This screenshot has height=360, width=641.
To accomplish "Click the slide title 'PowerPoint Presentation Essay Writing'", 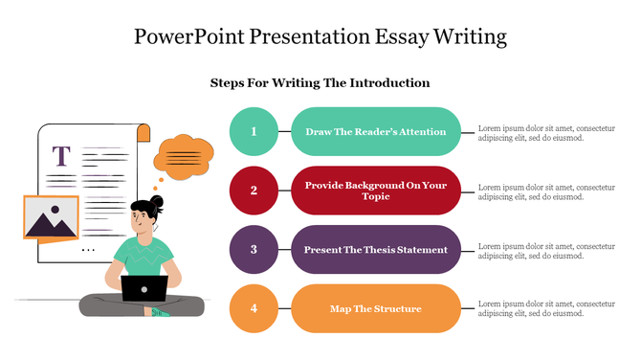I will coord(320,38).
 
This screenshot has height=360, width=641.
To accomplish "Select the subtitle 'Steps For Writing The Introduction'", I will coord(320,83).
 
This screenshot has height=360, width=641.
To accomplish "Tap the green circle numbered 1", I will coord(254,131).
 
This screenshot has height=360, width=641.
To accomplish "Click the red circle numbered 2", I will coord(254,190).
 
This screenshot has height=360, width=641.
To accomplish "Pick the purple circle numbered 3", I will coord(254,249).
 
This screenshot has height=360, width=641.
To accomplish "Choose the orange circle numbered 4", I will coord(254,308).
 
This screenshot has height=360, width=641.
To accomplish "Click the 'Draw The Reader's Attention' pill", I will coord(375,131).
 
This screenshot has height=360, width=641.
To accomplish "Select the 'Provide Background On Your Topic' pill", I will coord(375,190).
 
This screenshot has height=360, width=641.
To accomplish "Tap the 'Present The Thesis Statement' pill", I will coord(375,249).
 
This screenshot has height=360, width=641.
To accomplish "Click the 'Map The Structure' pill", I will coord(375,308).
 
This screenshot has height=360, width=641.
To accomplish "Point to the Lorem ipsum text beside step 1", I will coord(545,132).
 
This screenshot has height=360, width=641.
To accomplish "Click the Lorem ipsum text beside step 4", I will coord(545,308).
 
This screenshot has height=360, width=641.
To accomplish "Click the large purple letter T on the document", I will coord(62,156).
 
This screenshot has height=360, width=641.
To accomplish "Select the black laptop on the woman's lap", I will coord(144,288).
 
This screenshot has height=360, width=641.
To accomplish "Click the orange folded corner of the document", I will coord(144,133).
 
